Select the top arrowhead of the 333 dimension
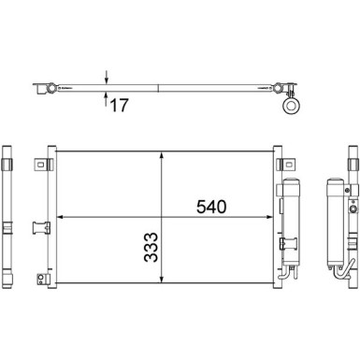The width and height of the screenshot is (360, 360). [164, 155]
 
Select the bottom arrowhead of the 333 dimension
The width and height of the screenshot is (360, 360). [164, 281]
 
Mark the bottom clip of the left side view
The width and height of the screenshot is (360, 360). [8, 278]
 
